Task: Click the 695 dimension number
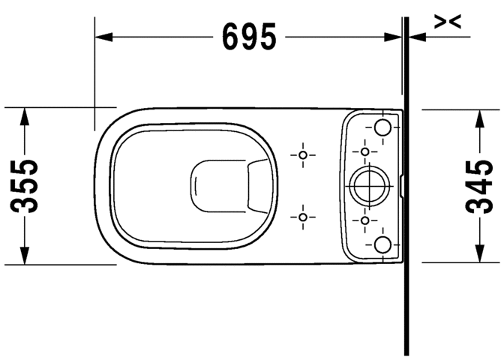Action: coord(250,36)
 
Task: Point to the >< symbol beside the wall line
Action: coord(448,23)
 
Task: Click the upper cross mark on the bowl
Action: coord(303,154)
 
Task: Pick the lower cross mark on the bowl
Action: coord(303,217)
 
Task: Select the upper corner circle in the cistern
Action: coord(383,127)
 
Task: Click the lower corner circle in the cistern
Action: coord(383,243)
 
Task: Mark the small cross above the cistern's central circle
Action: coord(365,151)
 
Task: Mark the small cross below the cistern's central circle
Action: coord(365,220)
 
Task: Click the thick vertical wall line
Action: coord(406,300)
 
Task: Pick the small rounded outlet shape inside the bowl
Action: coord(218,184)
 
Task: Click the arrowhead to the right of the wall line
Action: coord(417,36)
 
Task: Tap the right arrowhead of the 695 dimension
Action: coord(396,36)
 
